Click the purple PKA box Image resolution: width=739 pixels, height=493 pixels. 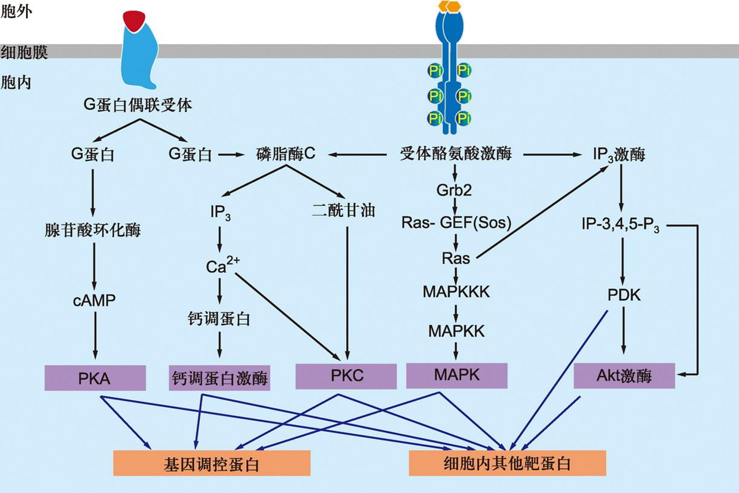(x=95, y=378)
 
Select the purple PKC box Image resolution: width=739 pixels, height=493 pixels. (x=346, y=377)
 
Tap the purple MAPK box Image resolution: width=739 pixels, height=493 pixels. (x=457, y=376)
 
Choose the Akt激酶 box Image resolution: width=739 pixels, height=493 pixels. (x=624, y=376)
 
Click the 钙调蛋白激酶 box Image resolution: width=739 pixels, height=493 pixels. (x=219, y=378)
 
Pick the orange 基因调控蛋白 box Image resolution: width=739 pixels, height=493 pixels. (x=212, y=463)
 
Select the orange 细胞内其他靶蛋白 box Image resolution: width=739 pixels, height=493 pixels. (x=507, y=463)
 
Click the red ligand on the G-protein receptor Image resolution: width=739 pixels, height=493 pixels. (x=134, y=21)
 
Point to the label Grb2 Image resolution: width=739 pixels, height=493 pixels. (x=454, y=190)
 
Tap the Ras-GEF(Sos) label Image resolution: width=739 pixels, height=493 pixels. (x=456, y=223)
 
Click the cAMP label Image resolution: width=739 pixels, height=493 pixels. (x=94, y=300)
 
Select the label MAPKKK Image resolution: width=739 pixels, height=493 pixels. (x=456, y=292)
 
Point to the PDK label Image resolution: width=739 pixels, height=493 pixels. (x=624, y=295)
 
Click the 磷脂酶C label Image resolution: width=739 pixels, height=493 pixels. (x=286, y=153)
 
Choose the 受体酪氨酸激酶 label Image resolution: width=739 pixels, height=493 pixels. (x=456, y=153)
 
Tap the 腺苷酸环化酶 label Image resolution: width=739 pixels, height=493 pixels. (x=93, y=229)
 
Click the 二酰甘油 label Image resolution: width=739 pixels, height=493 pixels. (x=344, y=210)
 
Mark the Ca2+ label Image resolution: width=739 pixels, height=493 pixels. (x=223, y=265)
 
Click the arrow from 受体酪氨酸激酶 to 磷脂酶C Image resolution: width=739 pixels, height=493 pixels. (x=357, y=154)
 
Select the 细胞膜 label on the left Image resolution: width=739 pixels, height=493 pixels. (x=24, y=52)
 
